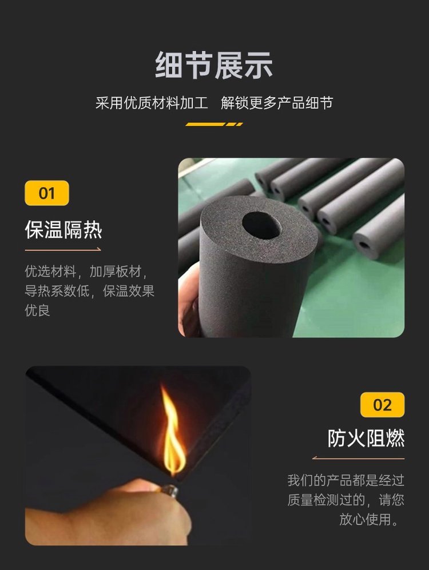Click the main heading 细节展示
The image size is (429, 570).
(x=214, y=65)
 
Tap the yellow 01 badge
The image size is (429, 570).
(x=47, y=193)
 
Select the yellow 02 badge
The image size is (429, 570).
(x=382, y=405)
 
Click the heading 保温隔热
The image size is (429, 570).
(x=63, y=230)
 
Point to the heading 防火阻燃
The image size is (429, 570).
(x=366, y=438)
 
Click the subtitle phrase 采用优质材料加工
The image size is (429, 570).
(x=152, y=103)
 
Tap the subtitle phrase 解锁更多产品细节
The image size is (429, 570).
(x=277, y=103)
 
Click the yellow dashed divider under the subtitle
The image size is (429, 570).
(x=214, y=124)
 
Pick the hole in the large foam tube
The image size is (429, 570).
(x=260, y=225)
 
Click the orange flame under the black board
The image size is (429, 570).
(x=173, y=433)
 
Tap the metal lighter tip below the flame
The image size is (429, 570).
(x=169, y=491)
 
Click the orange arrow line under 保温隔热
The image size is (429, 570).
(x=63, y=250)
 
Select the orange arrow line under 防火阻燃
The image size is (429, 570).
(x=358, y=458)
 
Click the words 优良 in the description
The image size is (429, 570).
(x=37, y=310)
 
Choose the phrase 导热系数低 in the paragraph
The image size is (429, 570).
(x=57, y=291)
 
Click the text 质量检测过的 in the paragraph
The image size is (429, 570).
(x=326, y=500)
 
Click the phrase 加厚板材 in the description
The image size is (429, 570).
(x=115, y=272)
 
